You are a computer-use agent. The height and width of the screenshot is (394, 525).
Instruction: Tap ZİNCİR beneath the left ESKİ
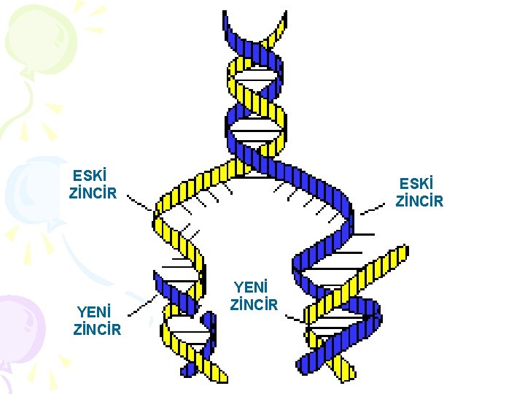tap(93, 194)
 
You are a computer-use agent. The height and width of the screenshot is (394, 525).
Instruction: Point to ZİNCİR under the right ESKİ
tap(419, 201)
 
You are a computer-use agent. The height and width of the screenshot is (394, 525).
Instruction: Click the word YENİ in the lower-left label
tap(93, 312)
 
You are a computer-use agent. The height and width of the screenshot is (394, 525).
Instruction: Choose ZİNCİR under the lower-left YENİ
tap(97, 330)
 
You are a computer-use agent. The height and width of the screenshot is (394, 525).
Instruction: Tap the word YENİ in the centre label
tap(251, 286)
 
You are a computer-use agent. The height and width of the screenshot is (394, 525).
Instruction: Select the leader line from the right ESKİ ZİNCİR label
tap(372, 208)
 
